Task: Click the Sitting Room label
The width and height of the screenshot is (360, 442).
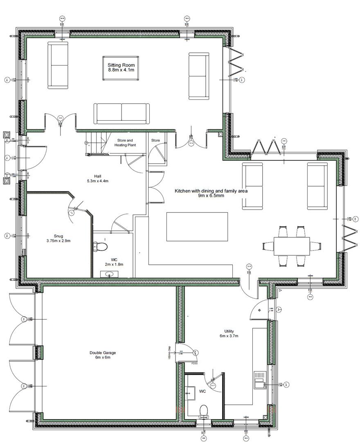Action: click(x=121, y=68)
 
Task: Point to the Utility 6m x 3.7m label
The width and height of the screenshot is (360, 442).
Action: click(x=228, y=334)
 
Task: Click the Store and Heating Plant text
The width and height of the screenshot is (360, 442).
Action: click(x=125, y=142)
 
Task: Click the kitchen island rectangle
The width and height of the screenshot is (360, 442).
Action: click(x=197, y=227)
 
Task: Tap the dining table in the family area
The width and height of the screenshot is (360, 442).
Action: click(x=291, y=246)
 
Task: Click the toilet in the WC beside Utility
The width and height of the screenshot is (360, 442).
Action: click(x=204, y=410)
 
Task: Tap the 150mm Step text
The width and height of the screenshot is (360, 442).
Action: click(x=169, y=353)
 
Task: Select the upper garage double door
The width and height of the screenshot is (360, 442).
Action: click(x=22, y=319)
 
